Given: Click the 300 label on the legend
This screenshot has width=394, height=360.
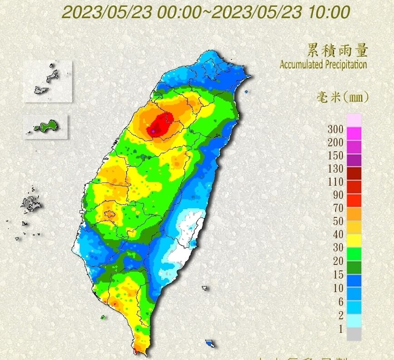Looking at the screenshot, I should (x=335, y=129).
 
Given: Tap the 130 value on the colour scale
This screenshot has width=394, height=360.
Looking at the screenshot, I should (x=335, y=169).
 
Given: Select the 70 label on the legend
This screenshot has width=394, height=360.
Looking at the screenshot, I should (x=338, y=209).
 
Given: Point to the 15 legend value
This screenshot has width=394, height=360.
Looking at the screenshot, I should (x=338, y=275).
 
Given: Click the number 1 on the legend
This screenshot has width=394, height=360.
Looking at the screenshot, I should (x=341, y=329).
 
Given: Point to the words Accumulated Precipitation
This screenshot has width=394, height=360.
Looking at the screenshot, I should (x=323, y=64).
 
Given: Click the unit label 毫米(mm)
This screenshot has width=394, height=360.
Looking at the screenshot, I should (x=342, y=96).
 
